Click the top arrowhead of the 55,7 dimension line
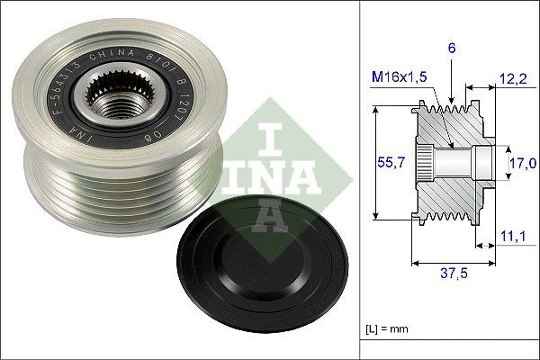coord(372,110)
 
